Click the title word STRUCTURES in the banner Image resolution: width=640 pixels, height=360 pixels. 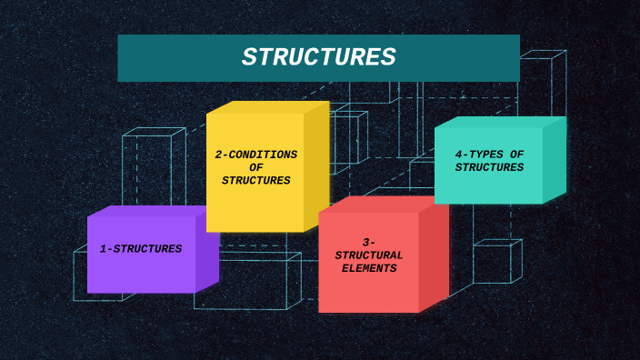[318, 57]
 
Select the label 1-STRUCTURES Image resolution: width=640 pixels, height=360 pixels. [141, 248]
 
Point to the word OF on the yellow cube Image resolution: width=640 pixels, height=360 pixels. [255, 167]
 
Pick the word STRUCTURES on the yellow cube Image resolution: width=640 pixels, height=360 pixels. [255, 180]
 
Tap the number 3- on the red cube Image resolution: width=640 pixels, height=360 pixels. [369, 242]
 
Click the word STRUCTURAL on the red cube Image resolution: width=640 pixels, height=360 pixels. [369, 255]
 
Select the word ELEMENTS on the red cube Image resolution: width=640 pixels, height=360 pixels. [369, 268]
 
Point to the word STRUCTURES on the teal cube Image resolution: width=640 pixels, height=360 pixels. [489, 167]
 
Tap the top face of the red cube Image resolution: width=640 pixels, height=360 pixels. [382, 205]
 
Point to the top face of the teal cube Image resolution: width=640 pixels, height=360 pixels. [500, 122]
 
